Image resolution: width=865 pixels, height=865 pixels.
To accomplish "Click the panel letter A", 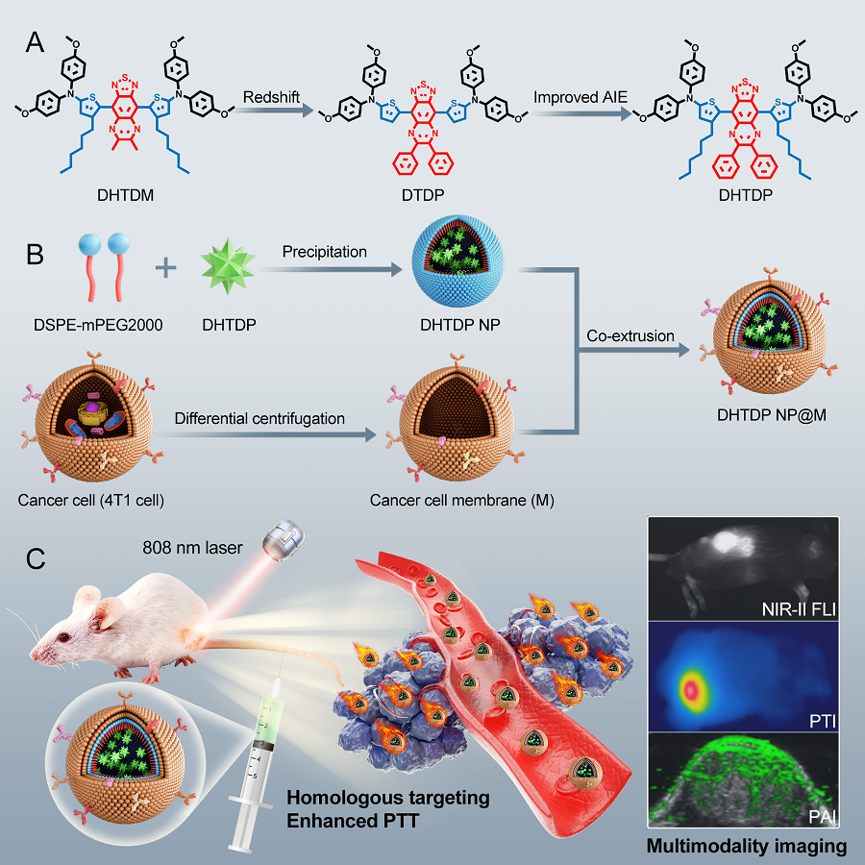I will pyautogui.click(x=35, y=41).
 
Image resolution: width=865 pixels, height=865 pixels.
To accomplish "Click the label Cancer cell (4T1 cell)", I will pyautogui.click(x=83, y=500).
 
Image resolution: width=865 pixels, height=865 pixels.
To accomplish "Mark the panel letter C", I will pyautogui.click(x=36, y=557).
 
